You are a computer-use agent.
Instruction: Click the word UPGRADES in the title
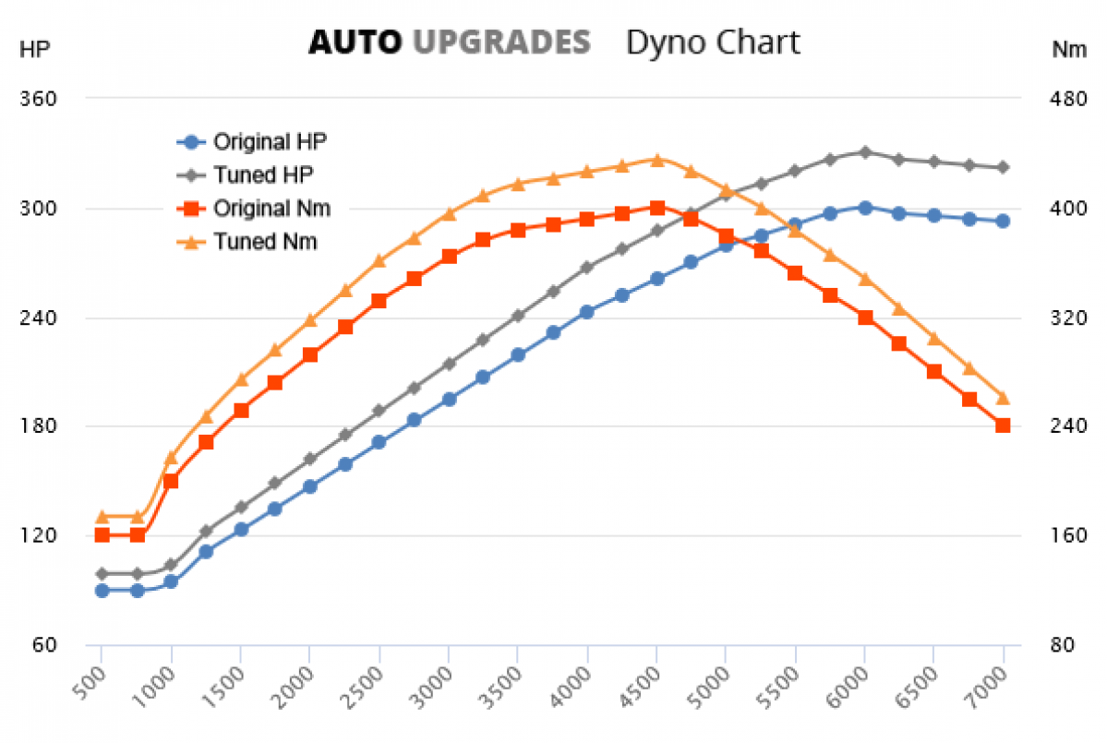click(501, 42)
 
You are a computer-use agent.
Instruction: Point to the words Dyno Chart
click(713, 42)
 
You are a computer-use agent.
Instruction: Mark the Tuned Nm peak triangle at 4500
click(656, 160)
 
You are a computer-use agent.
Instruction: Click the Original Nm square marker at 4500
click(656, 209)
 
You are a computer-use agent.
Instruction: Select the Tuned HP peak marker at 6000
click(865, 151)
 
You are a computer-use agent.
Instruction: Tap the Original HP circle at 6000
click(865, 208)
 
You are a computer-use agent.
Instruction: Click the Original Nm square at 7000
click(1003, 425)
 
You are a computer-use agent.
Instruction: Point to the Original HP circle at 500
click(102, 590)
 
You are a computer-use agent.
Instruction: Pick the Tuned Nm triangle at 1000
click(172, 458)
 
